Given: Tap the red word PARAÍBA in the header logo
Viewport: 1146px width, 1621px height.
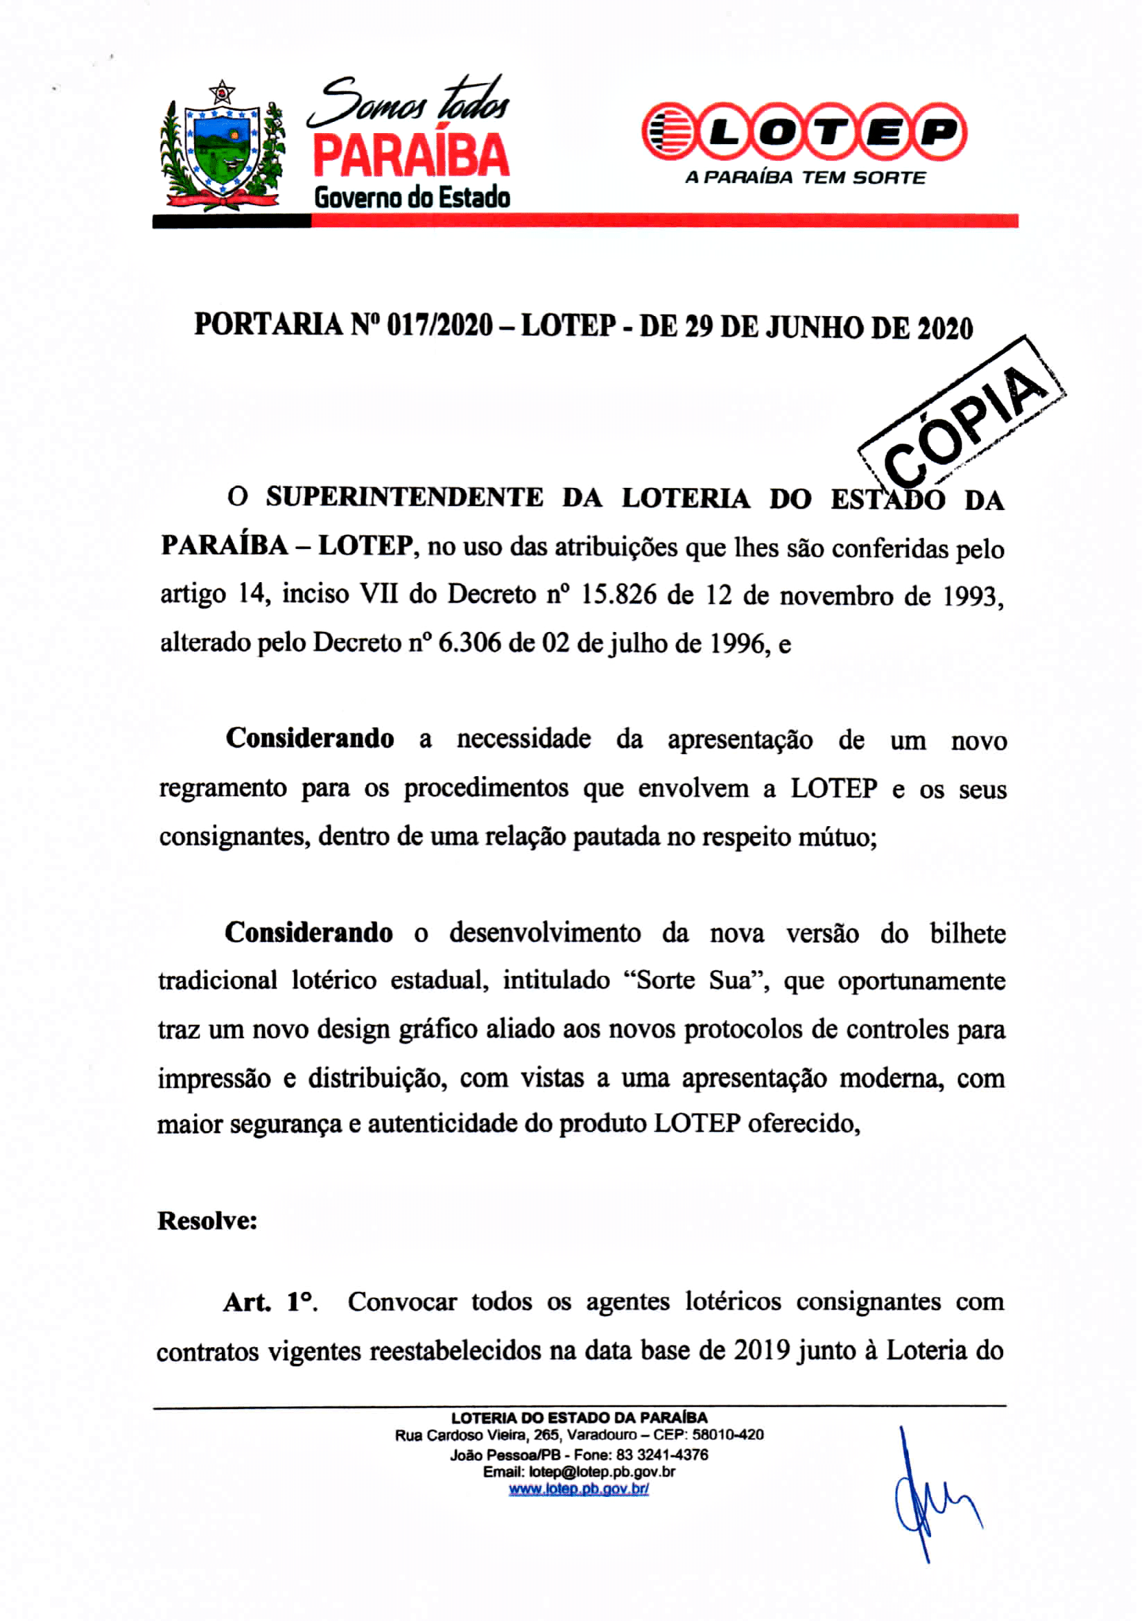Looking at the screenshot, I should click(x=410, y=156).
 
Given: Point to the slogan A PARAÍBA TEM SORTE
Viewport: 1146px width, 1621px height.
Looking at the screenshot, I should click(x=805, y=178).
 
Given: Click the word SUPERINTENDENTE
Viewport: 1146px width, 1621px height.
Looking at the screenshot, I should click(x=405, y=498).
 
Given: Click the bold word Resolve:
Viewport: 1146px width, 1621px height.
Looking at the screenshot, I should click(x=207, y=1220).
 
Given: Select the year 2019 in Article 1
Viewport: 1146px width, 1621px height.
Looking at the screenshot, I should click(x=761, y=1351).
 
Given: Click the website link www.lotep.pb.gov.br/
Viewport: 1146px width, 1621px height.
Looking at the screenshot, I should click(x=578, y=1490).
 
